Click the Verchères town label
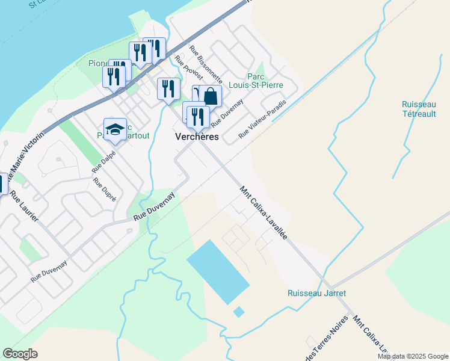tap(197, 137)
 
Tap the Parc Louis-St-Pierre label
tap(265, 81)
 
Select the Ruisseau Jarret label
tap(316, 294)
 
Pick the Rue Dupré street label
tap(105, 189)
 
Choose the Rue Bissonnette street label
tap(206, 65)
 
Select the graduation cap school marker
tap(115, 129)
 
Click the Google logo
tap(20, 354)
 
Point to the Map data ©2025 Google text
tap(413, 356)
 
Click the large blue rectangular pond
tap(217, 271)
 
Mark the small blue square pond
tap(239, 312)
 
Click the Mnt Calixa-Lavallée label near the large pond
tap(264, 213)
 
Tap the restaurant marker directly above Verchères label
tap(198, 116)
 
